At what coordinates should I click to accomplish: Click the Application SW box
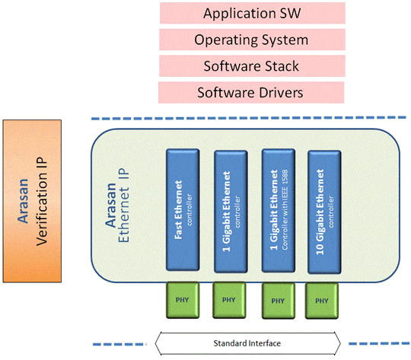coord(251,13)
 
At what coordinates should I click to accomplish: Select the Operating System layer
coord(251,40)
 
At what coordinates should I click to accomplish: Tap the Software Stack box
coord(251,66)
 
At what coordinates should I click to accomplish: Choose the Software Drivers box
coord(251,92)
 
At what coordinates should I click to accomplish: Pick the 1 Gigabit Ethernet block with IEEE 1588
coord(279,211)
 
